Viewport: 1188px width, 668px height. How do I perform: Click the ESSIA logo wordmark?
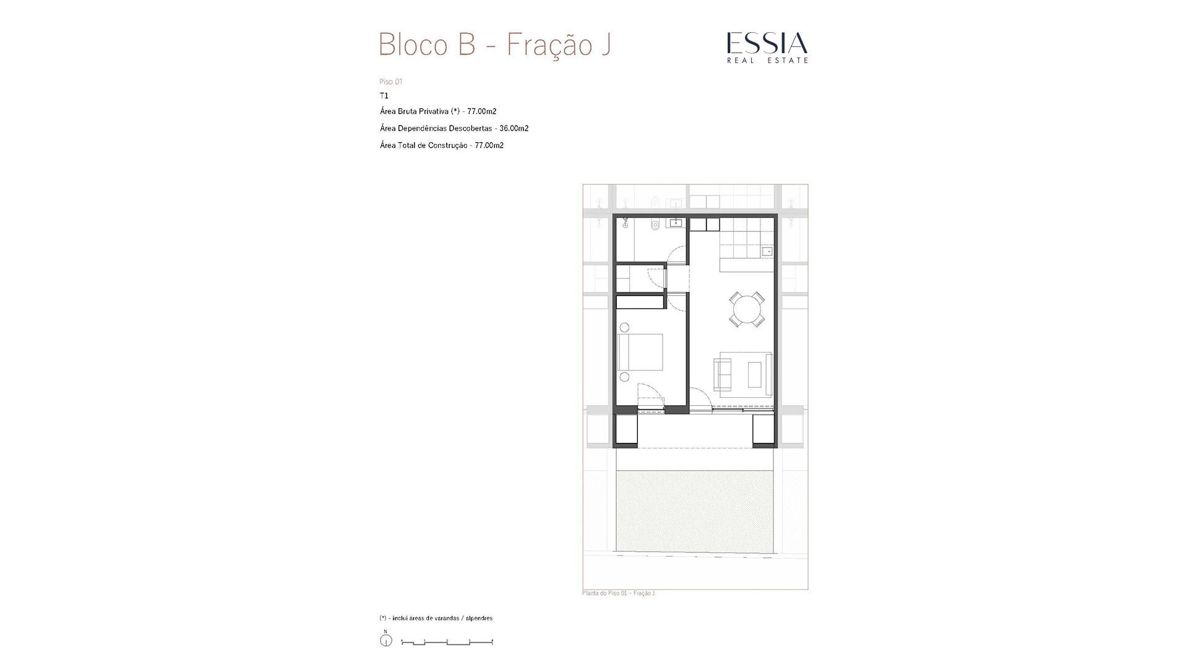click(x=767, y=43)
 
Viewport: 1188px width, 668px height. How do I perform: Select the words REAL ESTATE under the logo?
click(x=767, y=60)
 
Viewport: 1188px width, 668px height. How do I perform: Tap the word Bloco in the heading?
click(x=413, y=45)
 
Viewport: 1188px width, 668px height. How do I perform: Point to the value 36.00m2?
click(x=514, y=129)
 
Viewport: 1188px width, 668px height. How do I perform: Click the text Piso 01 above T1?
click(x=391, y=82)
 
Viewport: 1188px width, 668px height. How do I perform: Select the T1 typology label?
click(x=384, y=96)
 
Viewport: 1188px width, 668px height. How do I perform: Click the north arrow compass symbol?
click(x=385, y=640)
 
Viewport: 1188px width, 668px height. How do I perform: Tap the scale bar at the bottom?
click(x=447, y=643)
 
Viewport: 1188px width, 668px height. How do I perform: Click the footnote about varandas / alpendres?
click(x=436, y=618)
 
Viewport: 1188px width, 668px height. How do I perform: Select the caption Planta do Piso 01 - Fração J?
click(x=618, y=593)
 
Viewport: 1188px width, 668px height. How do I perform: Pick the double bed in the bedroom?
click(x=640, y=353)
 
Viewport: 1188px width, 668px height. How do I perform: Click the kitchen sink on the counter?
click(x=767, y=251)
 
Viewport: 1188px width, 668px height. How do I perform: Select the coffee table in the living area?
click(x=755, y=374)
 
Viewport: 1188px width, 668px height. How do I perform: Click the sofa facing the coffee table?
click(x=723, y=374)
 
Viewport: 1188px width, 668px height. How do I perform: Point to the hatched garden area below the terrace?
click(x=695, y=511)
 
